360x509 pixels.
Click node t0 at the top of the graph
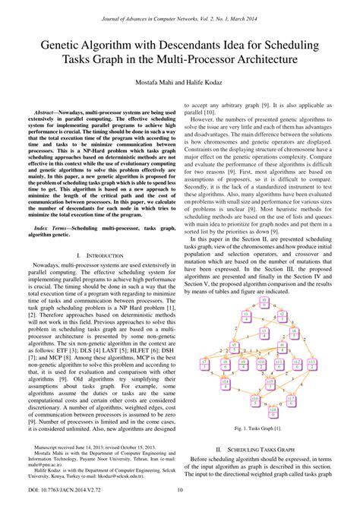point(264,302)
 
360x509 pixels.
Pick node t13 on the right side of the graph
point(312,365)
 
